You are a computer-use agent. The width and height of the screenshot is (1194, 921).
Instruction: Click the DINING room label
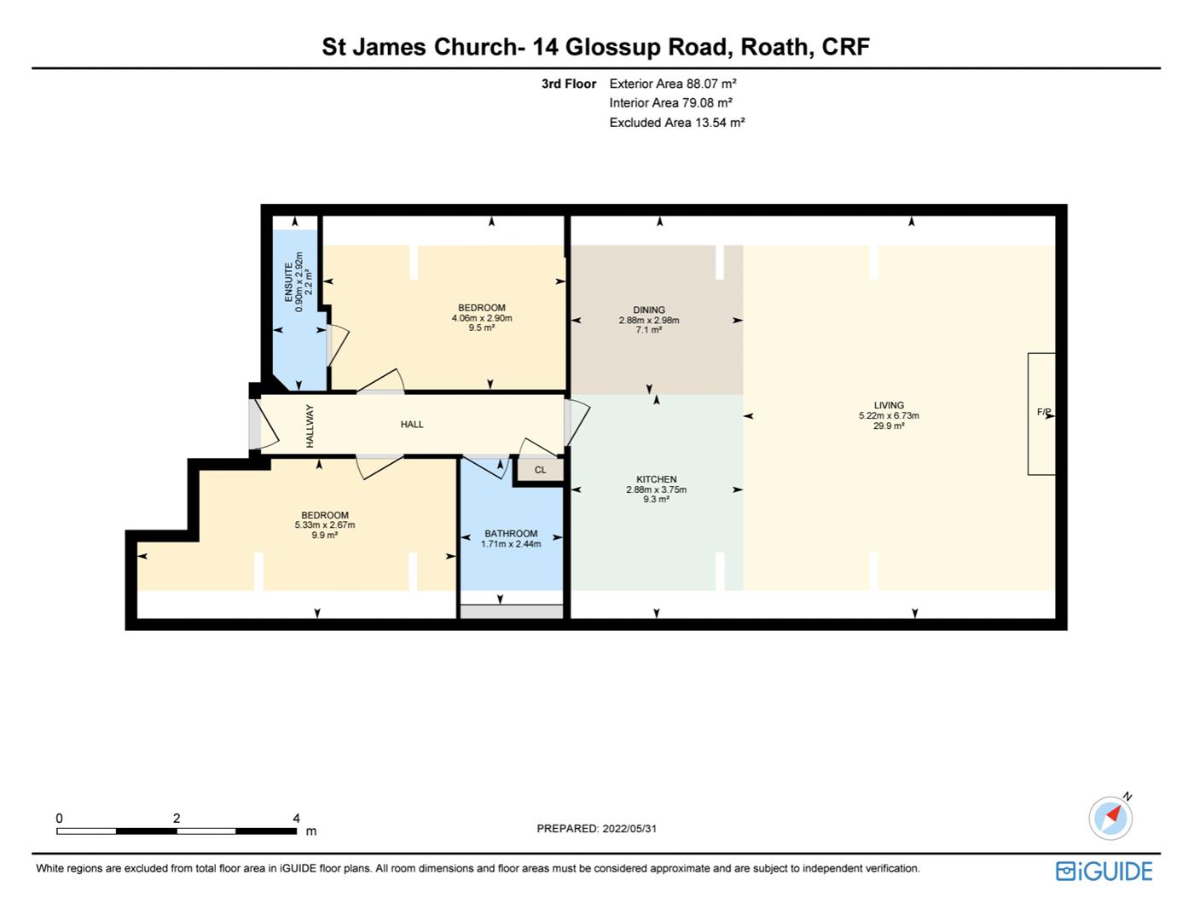tap(649, 310)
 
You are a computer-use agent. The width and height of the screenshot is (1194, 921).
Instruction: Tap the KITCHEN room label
tap(656, 479)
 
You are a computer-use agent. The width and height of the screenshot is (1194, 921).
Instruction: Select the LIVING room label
tap(889, 405)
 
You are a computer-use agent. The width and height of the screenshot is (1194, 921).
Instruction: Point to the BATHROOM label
tap(511, 534)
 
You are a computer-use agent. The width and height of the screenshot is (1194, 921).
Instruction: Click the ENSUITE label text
tap(289, 281)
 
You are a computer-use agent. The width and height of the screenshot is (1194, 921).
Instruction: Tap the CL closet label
tap(540, 470)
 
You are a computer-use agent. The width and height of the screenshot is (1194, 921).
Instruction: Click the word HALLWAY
tap(310, 426)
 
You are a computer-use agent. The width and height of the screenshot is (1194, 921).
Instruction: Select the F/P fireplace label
tap(1044, 412)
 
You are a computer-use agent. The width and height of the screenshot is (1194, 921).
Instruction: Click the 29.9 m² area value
tap(889, 426)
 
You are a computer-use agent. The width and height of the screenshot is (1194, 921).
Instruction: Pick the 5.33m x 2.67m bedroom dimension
tap(325, 525)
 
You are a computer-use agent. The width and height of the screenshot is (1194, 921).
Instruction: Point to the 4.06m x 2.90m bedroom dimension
tap(482, 318)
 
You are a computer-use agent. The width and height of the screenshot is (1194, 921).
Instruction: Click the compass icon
tap(1110, 818)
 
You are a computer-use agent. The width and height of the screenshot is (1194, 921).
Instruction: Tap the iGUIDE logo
tap(1104, 872)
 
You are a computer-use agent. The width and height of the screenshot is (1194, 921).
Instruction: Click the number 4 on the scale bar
tap(296, 819)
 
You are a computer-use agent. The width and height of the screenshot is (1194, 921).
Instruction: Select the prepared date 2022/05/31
tap(629, 828)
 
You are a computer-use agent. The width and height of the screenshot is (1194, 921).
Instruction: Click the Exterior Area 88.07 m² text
tap(673, 84)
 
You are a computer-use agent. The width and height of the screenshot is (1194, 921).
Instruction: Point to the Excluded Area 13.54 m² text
tap(677, 123)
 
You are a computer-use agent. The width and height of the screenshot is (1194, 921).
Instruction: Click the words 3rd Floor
tap(569, 84)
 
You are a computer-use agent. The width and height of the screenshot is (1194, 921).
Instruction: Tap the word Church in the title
tap(475, 47)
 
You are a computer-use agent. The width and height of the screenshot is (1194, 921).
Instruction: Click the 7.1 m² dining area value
tap(649, 329)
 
